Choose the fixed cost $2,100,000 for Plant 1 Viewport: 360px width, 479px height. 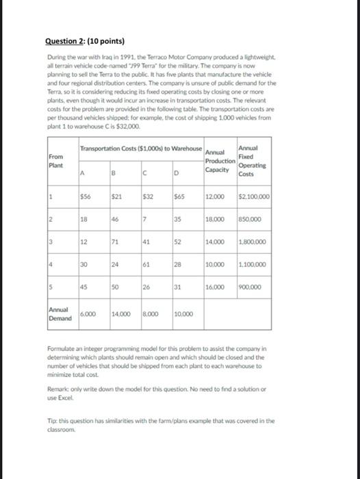(254, 196)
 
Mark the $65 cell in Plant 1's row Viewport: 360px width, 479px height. (180, 196)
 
